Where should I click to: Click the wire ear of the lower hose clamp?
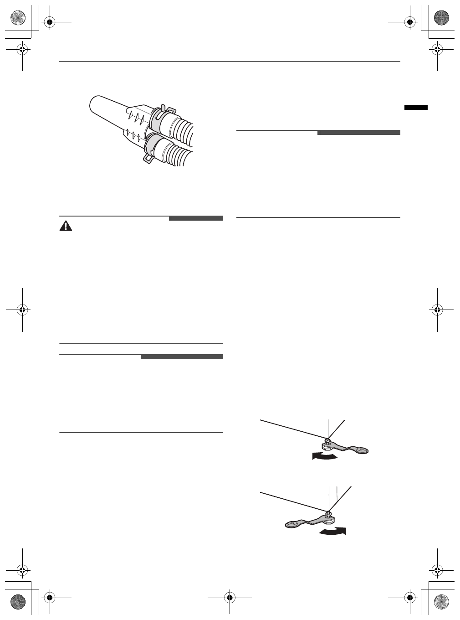click(x=148, y=158)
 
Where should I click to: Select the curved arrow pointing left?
click(x=325, y=456)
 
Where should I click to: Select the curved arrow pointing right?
click(x=333, y=532)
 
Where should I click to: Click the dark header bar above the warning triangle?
click(x=196, y=218)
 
